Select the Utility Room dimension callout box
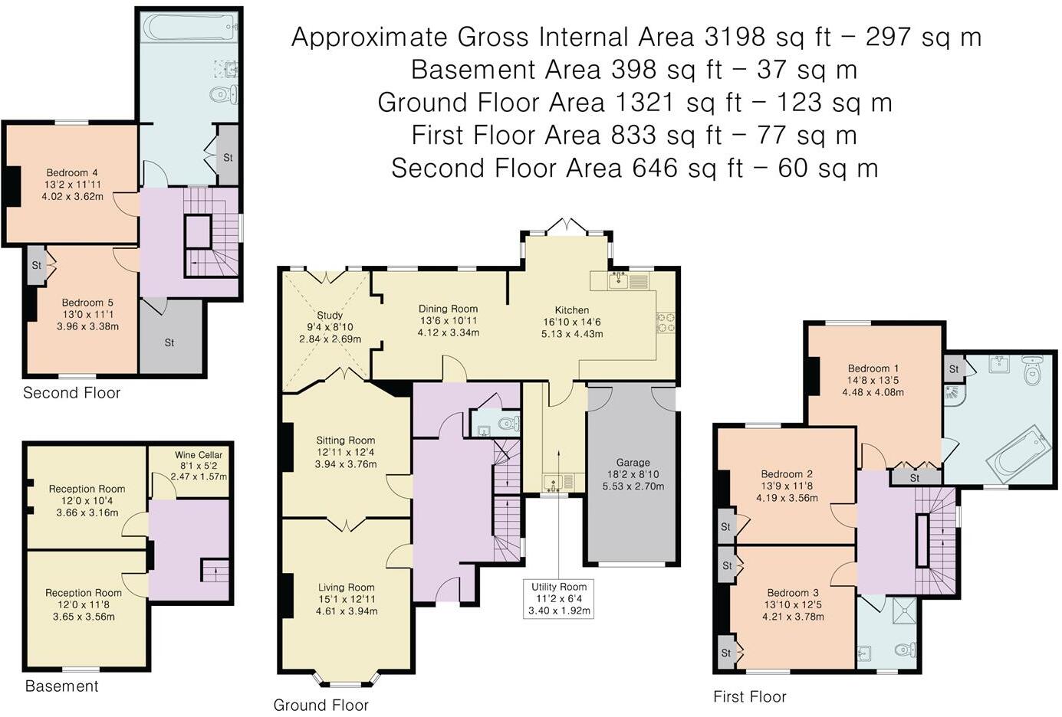tap(559, 598)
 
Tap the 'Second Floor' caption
tap(71, 393)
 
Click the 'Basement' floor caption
tap(61, 686)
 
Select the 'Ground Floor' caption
tap(321, 705)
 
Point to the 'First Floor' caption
tap(749, 696)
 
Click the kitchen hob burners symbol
tap(665, 322)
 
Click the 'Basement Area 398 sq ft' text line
tap(633, 70)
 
